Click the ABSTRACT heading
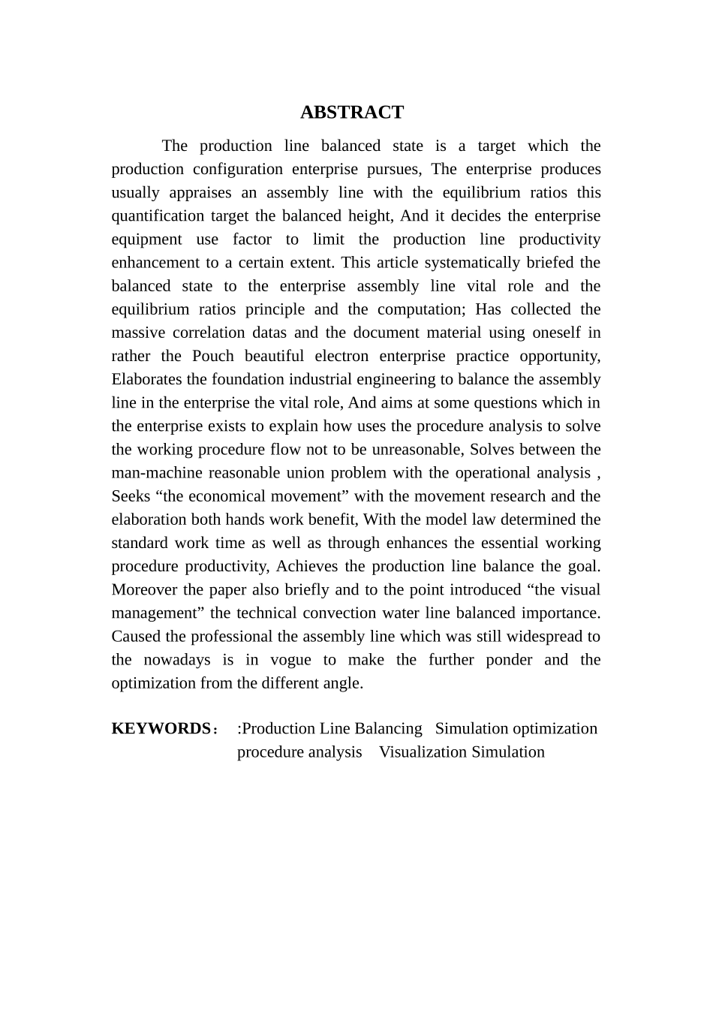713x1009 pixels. pos(351,113)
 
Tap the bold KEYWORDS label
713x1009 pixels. pos(161,729)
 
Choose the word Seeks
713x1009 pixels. pos(131,496)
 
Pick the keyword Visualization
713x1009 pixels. pos(423,752)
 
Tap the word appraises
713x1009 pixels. pos(201,193)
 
